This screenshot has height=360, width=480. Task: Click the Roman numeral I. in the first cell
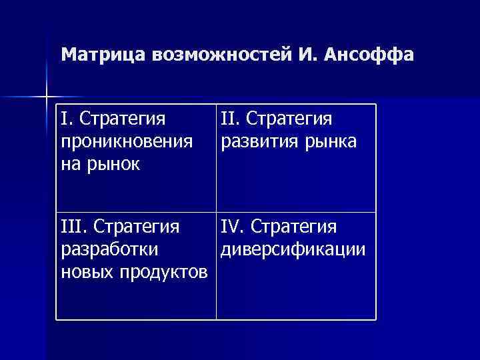(66, 119)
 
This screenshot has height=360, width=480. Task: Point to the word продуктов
(163, 272)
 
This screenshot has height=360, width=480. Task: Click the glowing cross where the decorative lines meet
(47, 97)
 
